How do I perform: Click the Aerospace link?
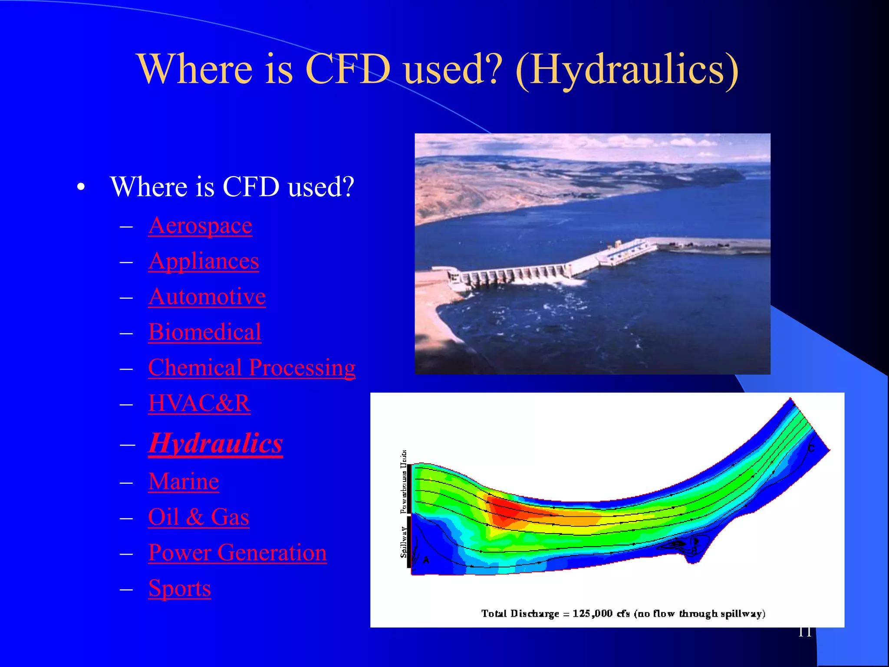pos(200,226)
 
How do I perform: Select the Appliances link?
pos(204,261)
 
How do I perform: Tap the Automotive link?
pos(207,297)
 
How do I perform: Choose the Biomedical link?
pos(204,333)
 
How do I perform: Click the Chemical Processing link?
pos(252,368)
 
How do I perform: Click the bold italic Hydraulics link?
pos(215,443)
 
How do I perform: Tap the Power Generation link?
pos(237,553)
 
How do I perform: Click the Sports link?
pos(179,589)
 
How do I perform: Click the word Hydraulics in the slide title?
pos(627,69)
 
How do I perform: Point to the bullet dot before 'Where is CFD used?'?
pos(81,188)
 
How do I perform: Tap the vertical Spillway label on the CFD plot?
pos(404,542)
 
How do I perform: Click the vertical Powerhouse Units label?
pos(404,482)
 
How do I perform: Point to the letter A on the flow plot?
pos(426,560)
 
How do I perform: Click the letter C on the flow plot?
pos(811,448)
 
